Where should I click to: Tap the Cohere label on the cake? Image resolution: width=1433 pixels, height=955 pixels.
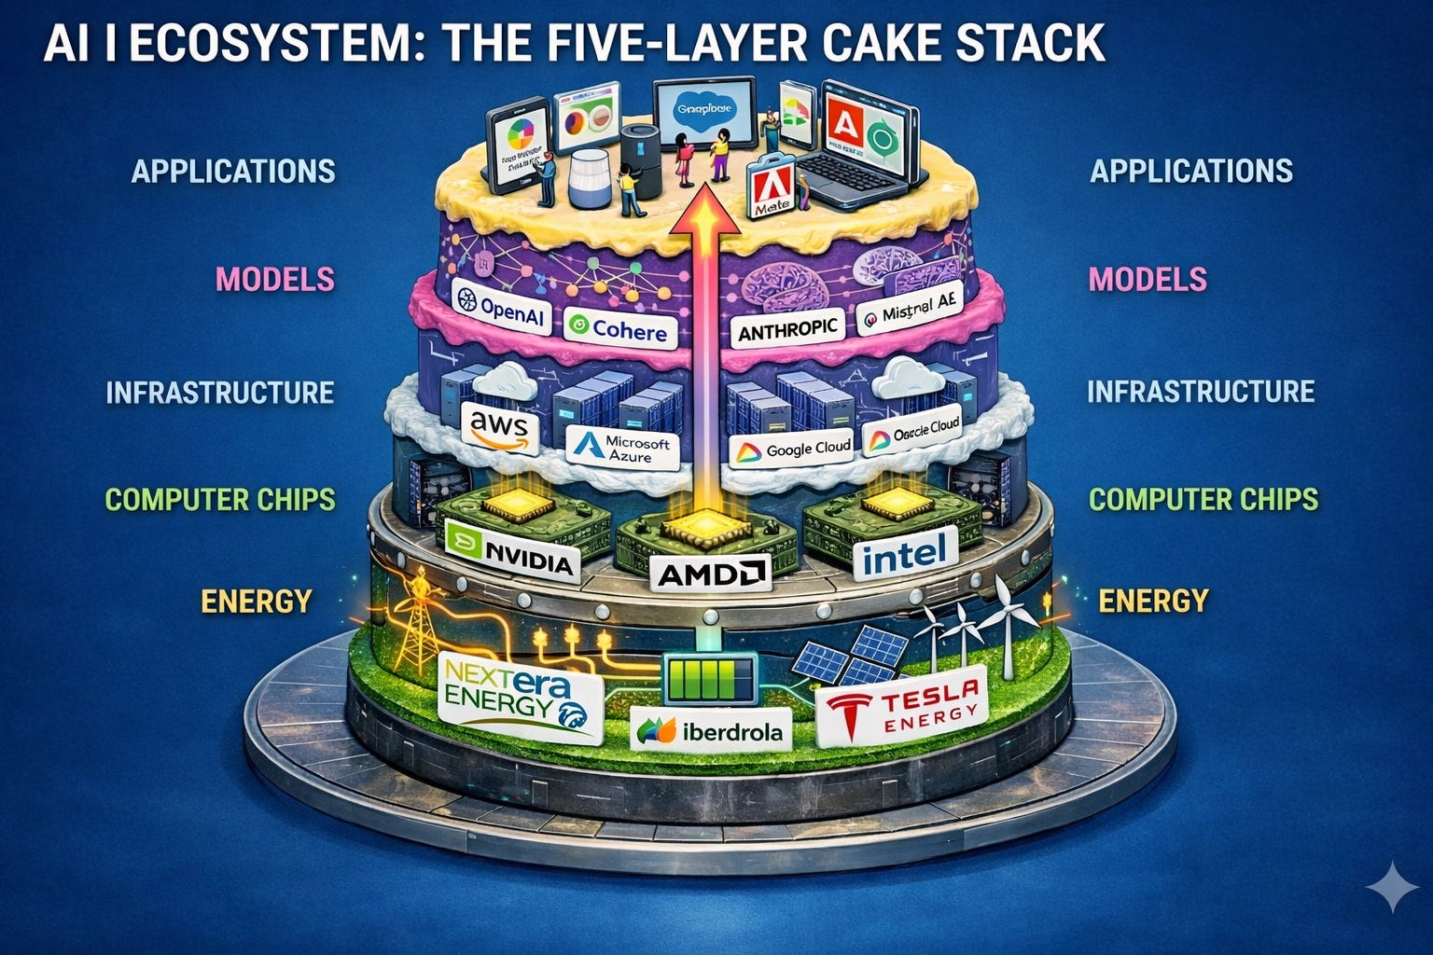(618, 329)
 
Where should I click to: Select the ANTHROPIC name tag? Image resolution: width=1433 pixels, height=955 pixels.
(787, 329)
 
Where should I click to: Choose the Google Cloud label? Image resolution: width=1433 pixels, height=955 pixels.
(794, 450)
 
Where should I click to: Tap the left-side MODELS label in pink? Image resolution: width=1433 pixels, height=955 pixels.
(274, 279)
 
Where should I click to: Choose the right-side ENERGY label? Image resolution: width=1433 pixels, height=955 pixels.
(1153, 600)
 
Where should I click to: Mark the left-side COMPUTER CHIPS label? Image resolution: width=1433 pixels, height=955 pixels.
(220, 499)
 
